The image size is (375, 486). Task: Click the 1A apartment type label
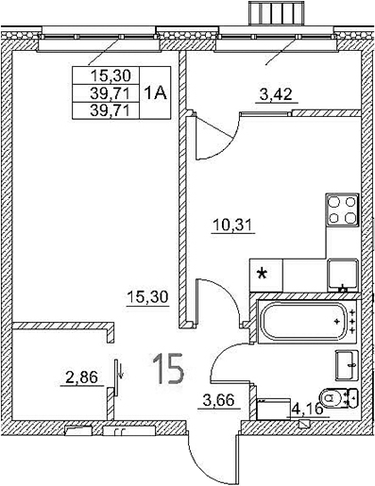[156, 92]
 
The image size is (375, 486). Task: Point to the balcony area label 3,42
[276, 93]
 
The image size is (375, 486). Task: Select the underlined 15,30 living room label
[146, 296]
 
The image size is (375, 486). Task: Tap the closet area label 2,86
[80, 379]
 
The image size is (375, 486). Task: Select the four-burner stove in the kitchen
[343, 209]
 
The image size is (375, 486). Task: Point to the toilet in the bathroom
[337, 398]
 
